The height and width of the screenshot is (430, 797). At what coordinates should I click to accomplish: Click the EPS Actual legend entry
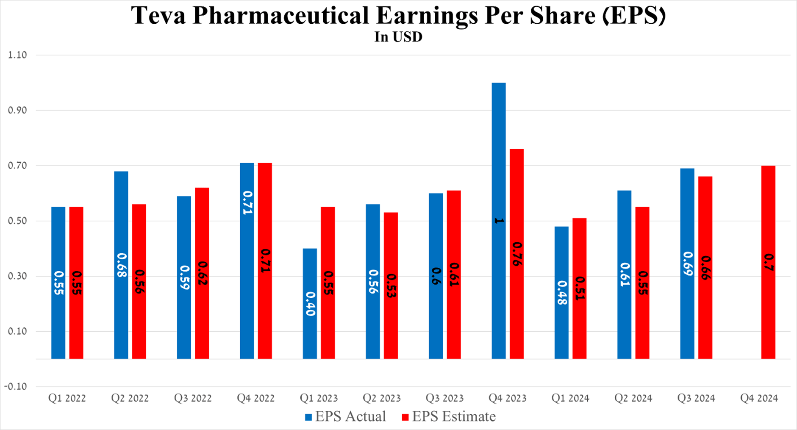tap(345, 416)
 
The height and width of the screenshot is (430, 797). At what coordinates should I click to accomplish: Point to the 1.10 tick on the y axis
tap(17, 55)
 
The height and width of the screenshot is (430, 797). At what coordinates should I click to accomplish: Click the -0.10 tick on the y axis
tap(16, 386)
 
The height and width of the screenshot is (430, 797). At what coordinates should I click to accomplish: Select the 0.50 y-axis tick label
tap(17, 221)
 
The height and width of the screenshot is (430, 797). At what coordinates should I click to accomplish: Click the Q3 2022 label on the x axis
tap(193, 398)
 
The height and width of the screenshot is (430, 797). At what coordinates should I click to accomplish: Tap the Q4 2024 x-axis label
tap(759, 398)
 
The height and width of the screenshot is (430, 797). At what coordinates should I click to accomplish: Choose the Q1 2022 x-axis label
tap(67, 398)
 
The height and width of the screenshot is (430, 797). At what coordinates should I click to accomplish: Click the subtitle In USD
tap(398, 37)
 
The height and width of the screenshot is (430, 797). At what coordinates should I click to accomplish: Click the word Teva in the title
tap(158, 16)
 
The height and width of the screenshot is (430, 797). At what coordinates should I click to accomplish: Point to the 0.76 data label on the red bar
tap(517, 254)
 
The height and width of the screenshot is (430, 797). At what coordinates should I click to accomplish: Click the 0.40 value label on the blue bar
tap(310, 304)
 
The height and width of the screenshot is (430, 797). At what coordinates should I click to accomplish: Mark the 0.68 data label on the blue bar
tap(121, 265)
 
